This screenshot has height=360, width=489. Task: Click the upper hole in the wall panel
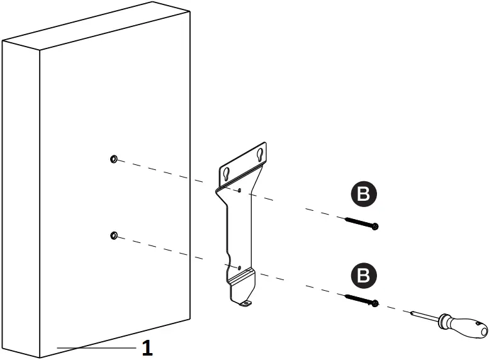point(113,159)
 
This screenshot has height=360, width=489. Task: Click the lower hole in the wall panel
point(113,235)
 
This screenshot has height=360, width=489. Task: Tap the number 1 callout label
point(147,348)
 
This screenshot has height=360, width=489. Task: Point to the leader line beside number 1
point(94,347)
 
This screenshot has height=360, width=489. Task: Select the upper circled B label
point(363,195)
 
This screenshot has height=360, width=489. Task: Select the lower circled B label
point(363,275)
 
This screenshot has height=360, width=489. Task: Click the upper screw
point(361,222)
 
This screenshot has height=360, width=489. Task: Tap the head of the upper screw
point(375,226)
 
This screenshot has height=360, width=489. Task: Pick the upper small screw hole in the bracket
point(240,189)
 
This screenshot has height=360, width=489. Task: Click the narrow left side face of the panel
point(21,189)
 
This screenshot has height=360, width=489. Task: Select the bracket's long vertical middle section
point(240,227)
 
